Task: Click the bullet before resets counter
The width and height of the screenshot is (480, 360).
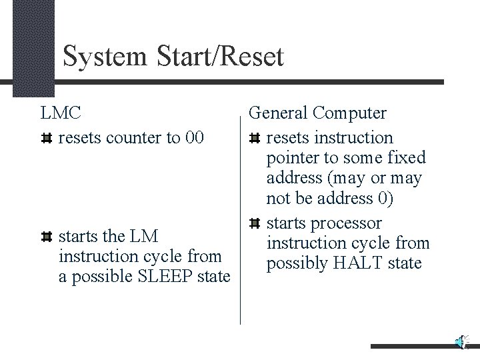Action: pos(46,139)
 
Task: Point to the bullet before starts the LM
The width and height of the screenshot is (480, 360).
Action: pos(46,236)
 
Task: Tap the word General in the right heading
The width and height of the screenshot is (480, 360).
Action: pos(280,113)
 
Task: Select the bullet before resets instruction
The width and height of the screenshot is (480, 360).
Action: pos(254,139)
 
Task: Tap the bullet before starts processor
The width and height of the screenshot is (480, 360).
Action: pos(254,223)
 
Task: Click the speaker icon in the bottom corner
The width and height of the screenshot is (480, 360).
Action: pos(461,342)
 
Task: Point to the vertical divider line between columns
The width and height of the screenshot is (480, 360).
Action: pos(240,220)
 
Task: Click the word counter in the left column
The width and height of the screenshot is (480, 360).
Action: pos(139,138)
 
